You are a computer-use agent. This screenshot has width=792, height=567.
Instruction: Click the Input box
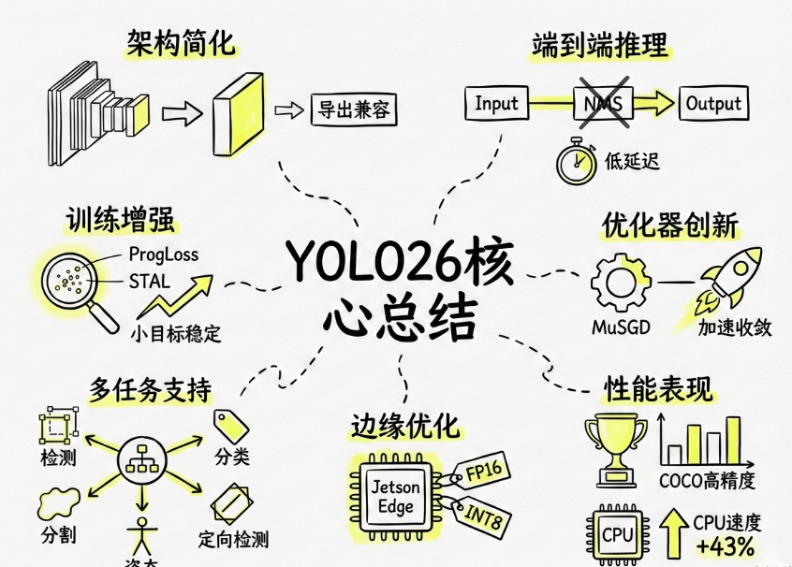coord(496,103)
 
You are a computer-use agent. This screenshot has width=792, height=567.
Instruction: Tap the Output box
coord(713,103)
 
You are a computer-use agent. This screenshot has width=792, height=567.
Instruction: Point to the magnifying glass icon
coord(76,282)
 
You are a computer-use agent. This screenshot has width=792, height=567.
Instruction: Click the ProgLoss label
coord(164,254)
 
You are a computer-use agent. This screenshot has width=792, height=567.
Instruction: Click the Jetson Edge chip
coord(397,496)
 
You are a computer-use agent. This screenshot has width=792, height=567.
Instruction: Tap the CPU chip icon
coord(618,535)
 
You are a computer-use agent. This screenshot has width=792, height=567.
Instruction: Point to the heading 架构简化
coord(182,42)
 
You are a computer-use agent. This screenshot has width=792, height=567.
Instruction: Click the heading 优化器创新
coord(669,225)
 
